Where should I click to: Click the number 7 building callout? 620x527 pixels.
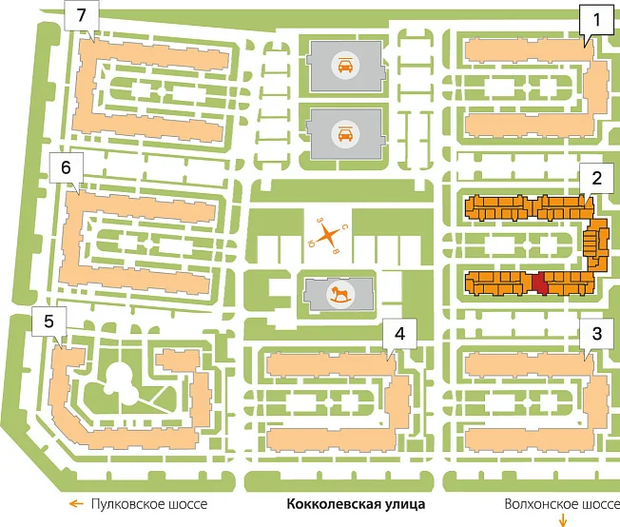point(82,16)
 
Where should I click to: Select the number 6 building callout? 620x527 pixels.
point(66,167)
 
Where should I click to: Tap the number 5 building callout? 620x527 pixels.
point(49,322)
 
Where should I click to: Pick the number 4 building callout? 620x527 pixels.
point(399,334)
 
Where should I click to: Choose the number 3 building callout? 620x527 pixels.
point(596,334)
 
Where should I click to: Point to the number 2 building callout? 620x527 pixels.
point(596,178)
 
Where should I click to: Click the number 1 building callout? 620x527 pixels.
point(596,20)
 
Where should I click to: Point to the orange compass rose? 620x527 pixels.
point(327,236)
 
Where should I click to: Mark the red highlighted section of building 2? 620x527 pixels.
point(540,283)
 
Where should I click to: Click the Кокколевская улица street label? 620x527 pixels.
point(356,504)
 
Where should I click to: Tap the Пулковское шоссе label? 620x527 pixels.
point(149,504)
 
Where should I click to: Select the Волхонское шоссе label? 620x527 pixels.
point(562,504)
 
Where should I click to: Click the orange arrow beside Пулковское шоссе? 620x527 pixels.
point(76,503)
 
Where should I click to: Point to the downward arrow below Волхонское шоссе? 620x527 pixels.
point(563,520)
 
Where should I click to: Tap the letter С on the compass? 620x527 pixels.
point(344,227)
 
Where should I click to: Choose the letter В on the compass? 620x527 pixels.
point(336,251)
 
